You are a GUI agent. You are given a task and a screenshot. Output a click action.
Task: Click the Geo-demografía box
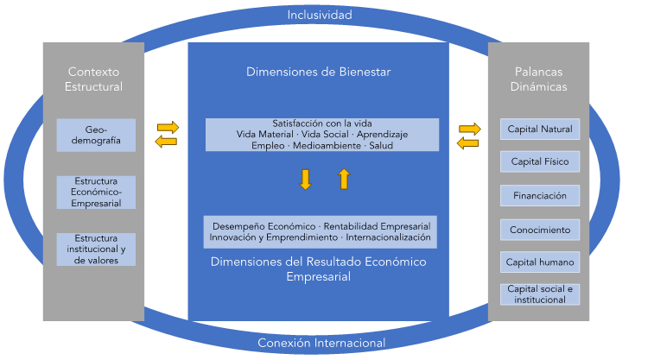tap(96, 135)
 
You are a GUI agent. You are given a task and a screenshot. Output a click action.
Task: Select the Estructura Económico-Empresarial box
tap(96, 192)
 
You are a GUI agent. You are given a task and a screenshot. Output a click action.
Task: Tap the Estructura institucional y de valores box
tap(96, 249)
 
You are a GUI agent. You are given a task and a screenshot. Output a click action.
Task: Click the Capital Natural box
tap(540, 129)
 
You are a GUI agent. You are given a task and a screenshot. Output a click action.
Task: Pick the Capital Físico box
tap(540, 162)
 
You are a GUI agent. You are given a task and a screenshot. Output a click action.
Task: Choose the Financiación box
tap(540, 196)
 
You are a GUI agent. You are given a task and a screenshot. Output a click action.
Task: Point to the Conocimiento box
tap(540, 230)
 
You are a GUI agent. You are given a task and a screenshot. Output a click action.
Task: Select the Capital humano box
tap(540, 262)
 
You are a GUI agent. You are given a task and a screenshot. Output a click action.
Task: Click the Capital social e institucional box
tap(540, 294)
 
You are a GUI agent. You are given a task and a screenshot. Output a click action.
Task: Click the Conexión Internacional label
tap(321, 344)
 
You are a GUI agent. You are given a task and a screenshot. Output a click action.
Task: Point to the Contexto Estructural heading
tap(94, 79)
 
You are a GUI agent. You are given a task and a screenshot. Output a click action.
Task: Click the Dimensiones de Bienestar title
tap(319, 73)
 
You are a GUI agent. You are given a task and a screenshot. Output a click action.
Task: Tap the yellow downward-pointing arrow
tap(305, 179)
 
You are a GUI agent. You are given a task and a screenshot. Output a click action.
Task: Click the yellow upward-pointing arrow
tap(344, 179)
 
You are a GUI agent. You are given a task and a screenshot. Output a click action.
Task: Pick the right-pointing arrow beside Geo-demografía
tap(168, 127)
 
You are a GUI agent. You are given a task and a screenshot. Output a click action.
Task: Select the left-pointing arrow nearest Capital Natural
tap(468, 142)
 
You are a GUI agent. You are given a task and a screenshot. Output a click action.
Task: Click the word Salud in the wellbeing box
tap(380, 145)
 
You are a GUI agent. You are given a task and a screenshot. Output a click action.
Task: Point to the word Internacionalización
tap(389, 236)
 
